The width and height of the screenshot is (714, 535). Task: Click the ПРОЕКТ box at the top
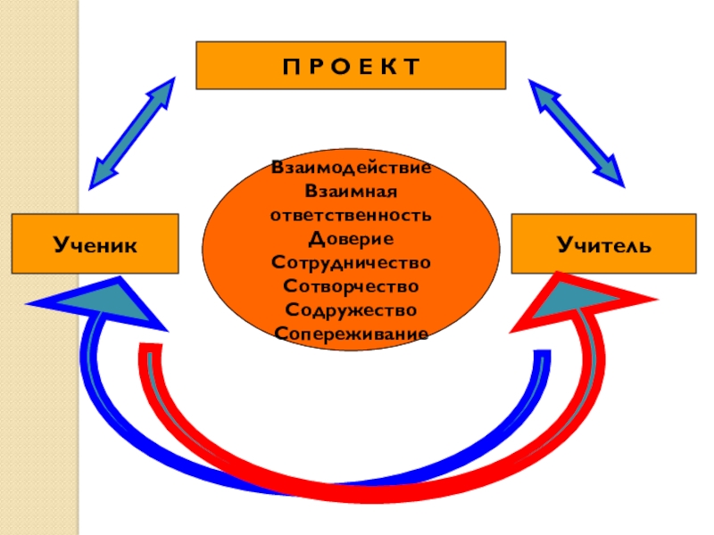[351, 65]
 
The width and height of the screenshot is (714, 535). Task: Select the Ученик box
[95, 243]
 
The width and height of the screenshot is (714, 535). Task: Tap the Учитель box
[603, 243]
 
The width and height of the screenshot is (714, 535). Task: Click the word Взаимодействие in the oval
[352, 168]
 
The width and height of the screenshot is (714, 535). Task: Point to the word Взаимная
[351, 191]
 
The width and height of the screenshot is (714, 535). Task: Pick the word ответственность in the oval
[351, 215]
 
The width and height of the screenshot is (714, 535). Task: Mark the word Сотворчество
[351, 286]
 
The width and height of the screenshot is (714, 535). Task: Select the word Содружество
[351, 309]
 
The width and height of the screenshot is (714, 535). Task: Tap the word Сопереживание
[351, 333]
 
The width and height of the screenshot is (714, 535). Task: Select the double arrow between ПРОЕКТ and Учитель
[577, 132]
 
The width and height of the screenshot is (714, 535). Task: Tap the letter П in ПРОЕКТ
[287, 66]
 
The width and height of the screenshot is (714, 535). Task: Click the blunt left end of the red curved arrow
[150, 350]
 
